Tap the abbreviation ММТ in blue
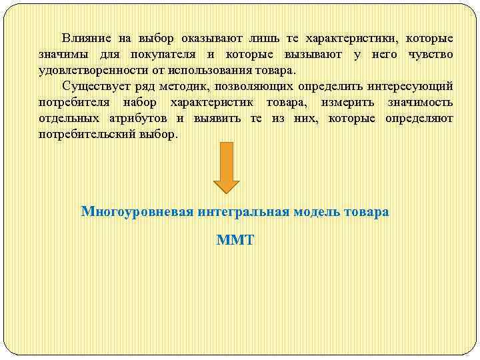coord(235,240)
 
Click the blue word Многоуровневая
coord(137,212)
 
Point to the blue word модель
coord(319,212)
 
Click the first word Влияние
coord(85,38)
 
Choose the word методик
coord(194,86)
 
